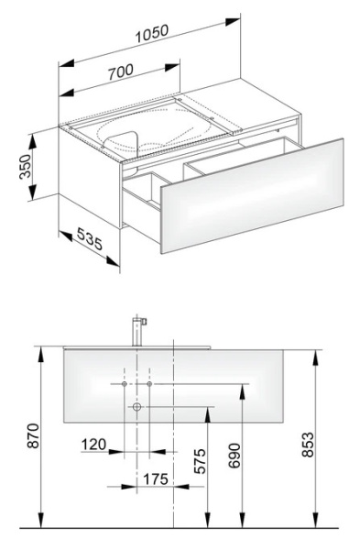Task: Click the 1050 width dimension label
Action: point(152,33)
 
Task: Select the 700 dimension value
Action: point(121,71)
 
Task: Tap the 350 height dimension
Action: point(26,166)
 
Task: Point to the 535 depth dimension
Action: point(89,238)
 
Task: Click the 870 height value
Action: point(33,435)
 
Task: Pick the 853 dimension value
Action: point(308,445)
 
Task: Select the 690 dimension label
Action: point(235,456)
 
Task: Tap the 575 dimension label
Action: point(201,461)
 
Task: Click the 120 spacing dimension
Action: point(93,445)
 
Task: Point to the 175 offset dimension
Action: point(156,478)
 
